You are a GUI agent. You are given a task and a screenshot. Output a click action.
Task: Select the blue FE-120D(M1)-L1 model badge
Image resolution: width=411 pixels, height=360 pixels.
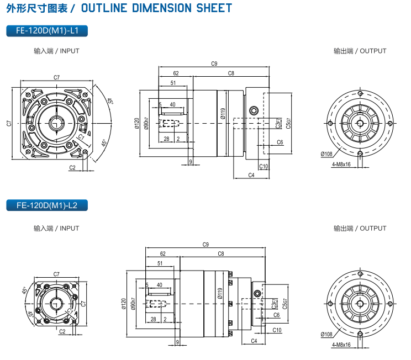47,31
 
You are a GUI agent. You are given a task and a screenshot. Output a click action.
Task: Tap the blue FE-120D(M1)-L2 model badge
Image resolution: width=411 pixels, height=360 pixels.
47,206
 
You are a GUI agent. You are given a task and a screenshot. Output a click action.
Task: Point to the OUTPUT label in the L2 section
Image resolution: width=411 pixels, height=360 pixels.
360,228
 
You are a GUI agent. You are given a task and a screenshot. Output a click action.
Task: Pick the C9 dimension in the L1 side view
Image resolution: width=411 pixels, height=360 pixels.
214,63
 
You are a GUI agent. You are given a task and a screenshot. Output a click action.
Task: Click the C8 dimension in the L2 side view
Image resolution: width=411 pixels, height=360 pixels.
221,253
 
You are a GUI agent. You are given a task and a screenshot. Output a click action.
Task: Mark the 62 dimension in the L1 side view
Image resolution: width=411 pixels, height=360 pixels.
176,73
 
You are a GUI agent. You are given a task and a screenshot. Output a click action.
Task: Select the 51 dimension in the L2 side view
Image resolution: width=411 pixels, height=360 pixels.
160,263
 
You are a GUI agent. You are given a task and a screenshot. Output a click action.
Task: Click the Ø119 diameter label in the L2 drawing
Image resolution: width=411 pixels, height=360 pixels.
219,294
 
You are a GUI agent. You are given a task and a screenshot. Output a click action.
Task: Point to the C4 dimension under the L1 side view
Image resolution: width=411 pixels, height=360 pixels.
251,175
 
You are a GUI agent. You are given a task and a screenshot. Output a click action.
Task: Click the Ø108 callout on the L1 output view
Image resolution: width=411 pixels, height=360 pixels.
326,153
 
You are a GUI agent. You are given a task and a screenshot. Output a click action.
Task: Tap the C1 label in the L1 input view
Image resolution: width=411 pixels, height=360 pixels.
81,135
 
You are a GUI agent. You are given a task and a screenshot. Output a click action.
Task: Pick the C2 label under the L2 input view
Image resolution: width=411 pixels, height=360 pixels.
62,331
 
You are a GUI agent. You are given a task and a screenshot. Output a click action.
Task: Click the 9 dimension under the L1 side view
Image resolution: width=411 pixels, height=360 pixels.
190,161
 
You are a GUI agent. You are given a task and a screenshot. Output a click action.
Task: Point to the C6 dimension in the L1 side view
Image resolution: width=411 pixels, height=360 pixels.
280,142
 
